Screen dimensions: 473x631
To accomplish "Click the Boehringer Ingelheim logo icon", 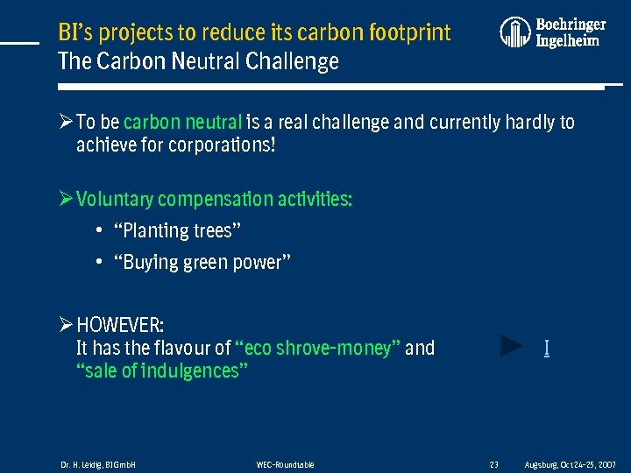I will pyautogui.click(x=515, y=32).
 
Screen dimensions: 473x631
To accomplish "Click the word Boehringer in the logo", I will pyautogui.click(x=571, y=25).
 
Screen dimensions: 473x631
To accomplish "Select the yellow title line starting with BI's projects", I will pyautogui.click(x=254, y=33).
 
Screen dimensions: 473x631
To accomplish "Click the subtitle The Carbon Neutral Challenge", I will pyautogui.click(x=198, y=62).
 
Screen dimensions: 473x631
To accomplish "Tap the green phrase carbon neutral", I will pyautogui.click(x=182, y=122).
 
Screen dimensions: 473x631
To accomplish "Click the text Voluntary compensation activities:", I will pyautogui.click(x=214, y=200).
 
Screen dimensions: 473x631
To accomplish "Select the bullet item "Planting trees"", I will pyautogui.click(x=178, y=231).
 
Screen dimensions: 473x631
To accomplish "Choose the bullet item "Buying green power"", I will pyautogui.click(x=202, y=263).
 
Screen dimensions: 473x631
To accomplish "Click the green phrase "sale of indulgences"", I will pyautogui.click(x=162, y=371).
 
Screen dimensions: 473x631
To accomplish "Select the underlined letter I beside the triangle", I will pyautogui.click(x=547, y=349).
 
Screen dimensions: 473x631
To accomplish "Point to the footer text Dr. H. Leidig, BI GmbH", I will pyautogui.click(x=98, y=464).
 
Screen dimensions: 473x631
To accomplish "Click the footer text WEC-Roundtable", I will pyautogui.click(x=285, y=464).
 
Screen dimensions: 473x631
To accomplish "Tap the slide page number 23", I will pyautogui.click(x=493, y=464).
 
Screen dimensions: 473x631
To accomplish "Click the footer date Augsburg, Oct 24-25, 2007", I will pyautogui.click(x=570, y=464).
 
